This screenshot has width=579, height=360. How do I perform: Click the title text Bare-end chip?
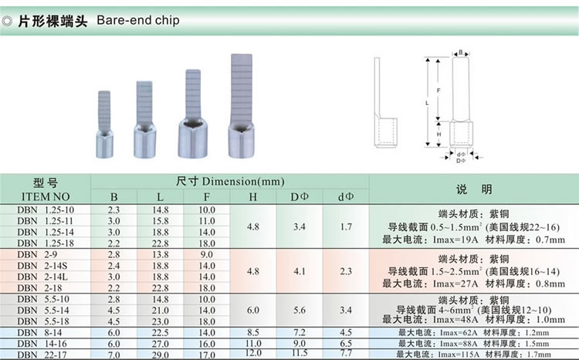coord(138,20)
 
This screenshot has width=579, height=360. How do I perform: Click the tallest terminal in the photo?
coord(241,106)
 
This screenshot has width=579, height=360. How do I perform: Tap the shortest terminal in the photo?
coord(104,124)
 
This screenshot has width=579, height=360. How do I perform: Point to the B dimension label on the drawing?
coord(460,53)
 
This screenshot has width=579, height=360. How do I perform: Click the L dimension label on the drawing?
coord(427,103)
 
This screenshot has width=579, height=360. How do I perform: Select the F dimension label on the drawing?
coord(438,90)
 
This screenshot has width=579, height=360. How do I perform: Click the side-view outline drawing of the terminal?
coord(385,103)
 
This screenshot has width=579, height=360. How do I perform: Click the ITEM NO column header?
coord(46,197)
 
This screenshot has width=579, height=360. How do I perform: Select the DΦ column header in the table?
coord(299,197)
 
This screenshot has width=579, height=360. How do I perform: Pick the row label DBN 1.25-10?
coord(46,210)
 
